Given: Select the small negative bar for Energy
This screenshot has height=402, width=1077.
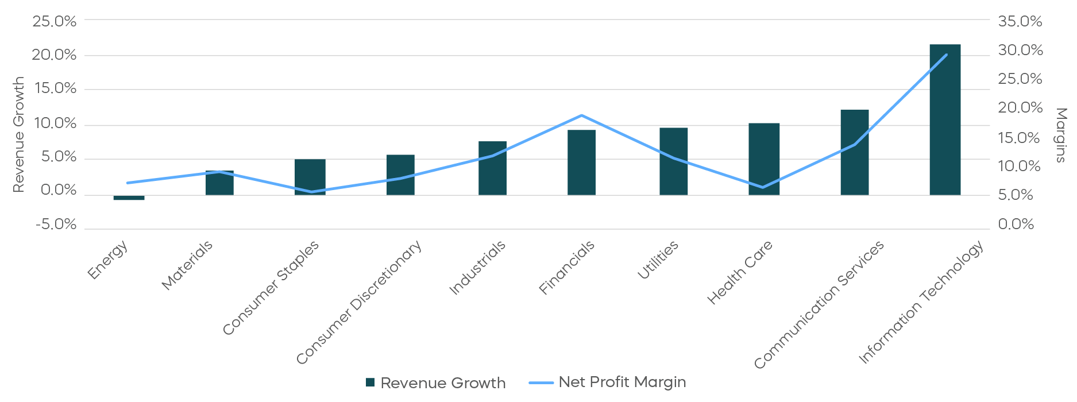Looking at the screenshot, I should coord(129,198).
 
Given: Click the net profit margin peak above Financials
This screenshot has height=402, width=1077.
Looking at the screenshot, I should coord(582,115).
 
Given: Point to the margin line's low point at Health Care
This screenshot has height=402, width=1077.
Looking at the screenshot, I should coord(763,187).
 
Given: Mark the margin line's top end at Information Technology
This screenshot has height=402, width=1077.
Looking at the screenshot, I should coord(947,55).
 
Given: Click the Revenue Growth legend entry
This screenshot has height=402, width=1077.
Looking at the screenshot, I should coord(437,383).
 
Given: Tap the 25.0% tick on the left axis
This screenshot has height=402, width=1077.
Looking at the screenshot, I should coord(54,21).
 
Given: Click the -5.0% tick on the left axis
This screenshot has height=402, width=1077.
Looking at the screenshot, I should coord(56,224).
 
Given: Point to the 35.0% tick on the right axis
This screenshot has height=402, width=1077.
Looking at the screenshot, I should coord(1020,21).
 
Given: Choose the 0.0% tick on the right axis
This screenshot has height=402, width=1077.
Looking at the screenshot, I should coord(1016,224).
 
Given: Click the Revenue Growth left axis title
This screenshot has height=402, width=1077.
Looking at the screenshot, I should coord(18,134).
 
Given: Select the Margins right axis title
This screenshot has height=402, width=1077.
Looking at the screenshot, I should coord(1061,135).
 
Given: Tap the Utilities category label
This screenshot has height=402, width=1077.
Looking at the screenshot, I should coord(658,260).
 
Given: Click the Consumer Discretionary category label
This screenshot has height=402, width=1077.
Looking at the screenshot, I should coord(360,302).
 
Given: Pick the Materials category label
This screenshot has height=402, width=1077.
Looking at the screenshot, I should coord(187,265).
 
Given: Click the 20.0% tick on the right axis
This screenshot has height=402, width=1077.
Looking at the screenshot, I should coord(1020,108).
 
